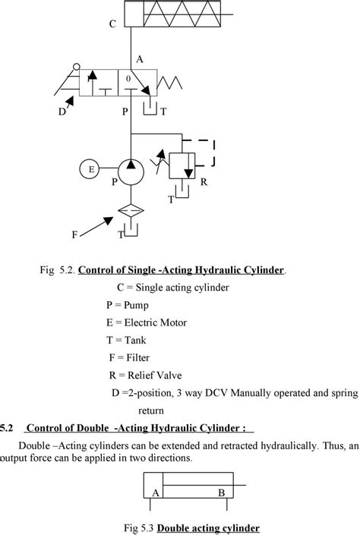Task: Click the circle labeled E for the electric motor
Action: pos(90,169)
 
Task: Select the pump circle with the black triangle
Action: pos(132,173)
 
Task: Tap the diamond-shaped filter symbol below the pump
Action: pos(132,213)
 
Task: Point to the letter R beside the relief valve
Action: pos(204,184)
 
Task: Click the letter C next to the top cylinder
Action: pos(112,24)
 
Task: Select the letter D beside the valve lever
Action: pos(62,112)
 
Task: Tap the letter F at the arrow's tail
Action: pos(74,235)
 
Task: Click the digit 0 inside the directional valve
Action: pos(128,78)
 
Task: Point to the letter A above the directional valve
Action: pos(139,58)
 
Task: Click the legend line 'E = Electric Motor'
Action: pos(146,323)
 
